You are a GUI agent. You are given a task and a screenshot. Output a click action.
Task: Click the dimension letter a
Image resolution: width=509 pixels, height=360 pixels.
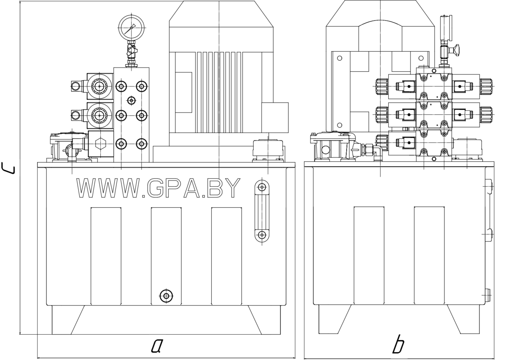click(x=156, y=346)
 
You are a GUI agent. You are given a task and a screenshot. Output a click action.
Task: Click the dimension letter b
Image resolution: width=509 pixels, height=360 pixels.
click(x=398, y=346)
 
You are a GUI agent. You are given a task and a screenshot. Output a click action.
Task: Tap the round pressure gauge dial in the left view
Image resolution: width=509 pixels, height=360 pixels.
click(x=131, y=28)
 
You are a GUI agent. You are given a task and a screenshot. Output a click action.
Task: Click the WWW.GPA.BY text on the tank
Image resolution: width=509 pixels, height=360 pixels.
click(x=159, y=188)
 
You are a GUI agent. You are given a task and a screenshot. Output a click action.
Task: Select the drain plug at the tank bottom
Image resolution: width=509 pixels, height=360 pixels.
click(x=166, y=295)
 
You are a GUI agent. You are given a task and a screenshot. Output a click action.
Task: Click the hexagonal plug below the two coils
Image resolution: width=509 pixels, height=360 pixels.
click(x=99, y=144)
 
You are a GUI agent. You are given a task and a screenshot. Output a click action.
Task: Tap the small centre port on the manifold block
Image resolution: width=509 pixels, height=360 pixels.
click(x=131, y=100)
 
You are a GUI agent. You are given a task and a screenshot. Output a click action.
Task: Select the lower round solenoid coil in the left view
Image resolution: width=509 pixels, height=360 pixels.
click(x=99, y=115)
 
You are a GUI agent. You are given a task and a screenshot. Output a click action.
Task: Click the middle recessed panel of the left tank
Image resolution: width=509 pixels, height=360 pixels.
click(x=166, y=256)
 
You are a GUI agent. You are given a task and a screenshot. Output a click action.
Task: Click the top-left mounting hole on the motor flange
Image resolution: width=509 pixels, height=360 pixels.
click(x=340, y=58)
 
